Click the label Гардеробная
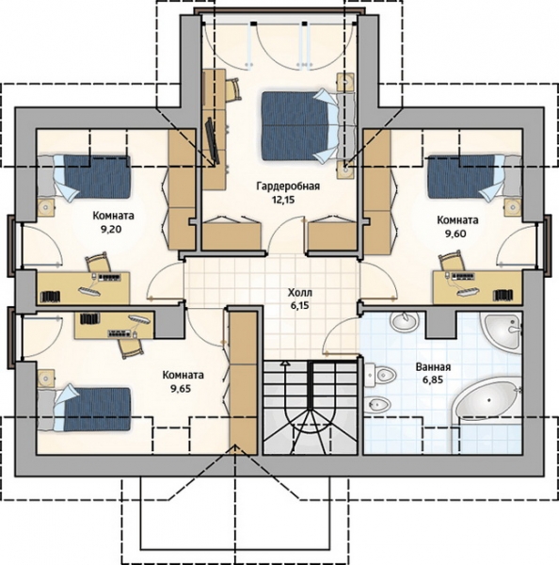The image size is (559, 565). pyautogui.click(x=288, y=186)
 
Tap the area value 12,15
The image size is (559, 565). pyautogui.click(x=283, y=200)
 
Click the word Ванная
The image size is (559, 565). pyautogui.click(x=433, y=367)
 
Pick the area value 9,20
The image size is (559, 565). pyautogui.click(x=112, y=229)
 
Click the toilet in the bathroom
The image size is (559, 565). pyautogui.click(x=381, y=376)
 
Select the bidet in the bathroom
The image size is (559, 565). pyautogui.click(x=377, y=406)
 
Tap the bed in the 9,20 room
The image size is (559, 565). pyautogui.click(x=84, y=177)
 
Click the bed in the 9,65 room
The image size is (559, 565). pyautogui.click(x=84, y=409)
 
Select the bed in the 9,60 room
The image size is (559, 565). pyautogui.click(x=474, y=177)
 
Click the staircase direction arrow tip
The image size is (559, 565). pyautogui.click(x=285, y=362)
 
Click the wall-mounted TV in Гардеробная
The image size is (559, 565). pyautogui.click(x=213, y=141)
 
